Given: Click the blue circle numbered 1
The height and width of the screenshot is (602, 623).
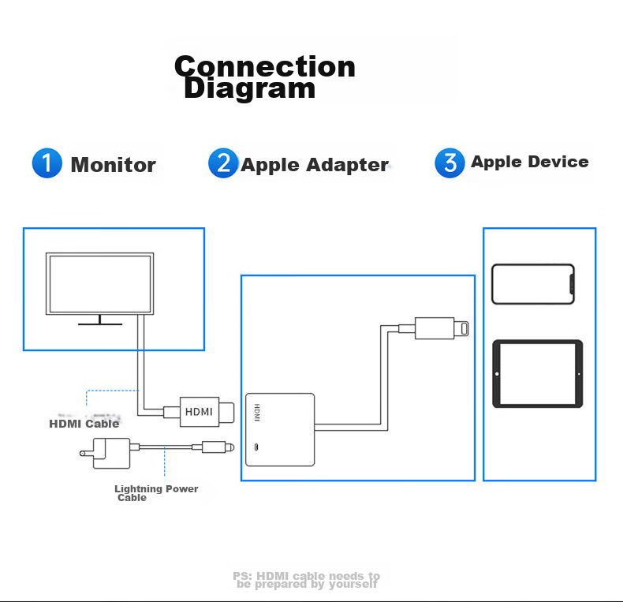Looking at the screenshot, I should coord(47,163).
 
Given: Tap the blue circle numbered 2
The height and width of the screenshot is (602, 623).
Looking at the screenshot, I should coord(223,163).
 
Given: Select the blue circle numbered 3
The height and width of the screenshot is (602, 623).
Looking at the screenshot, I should coord(450,163).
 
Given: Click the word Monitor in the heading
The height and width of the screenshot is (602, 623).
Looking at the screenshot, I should coord(114,165).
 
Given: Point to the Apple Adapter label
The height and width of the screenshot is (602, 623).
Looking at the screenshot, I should coord(314,165).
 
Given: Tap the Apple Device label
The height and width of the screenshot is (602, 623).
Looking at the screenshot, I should coord(529,162).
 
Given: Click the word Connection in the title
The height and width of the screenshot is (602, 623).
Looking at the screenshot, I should coord(265,66).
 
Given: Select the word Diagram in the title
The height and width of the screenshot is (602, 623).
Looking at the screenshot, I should coord(249,88).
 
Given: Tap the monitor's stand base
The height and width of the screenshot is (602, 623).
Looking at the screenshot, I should coord(99,323).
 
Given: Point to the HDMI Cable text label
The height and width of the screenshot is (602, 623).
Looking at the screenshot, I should coord(84,424).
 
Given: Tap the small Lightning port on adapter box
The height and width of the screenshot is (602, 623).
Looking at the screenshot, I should coord(256,449).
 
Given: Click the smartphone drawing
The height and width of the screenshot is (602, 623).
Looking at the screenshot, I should coord(532,284).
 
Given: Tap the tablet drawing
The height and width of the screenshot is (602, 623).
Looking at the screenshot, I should coord(537,373).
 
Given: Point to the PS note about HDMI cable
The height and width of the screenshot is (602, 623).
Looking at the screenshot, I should coord(308,580).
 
